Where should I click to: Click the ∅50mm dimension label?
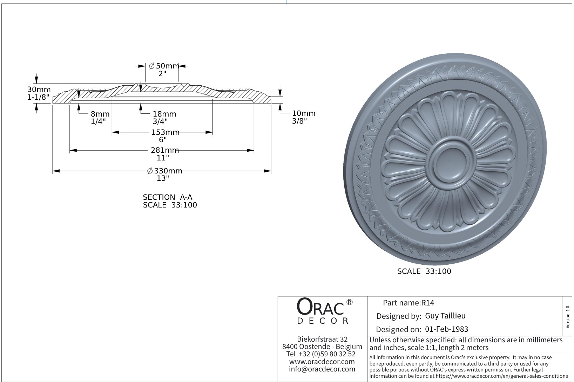(164, 66)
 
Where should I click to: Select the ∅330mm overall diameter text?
(164, 171)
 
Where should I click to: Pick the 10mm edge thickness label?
(304, 113)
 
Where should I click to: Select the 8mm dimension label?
(100, 114)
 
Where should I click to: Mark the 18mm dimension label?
(164, 114)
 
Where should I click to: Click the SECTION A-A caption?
(167, 197)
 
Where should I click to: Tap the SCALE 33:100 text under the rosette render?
(424, 271)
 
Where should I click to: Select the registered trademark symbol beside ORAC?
(349, 302)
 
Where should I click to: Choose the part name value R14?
(427, 303)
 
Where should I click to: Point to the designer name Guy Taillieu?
(445, 316)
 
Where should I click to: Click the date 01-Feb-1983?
(446, 329)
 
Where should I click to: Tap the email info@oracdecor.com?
(322, 369)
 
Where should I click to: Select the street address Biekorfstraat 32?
(322, 339)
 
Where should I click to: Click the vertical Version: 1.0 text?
(568, 317)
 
